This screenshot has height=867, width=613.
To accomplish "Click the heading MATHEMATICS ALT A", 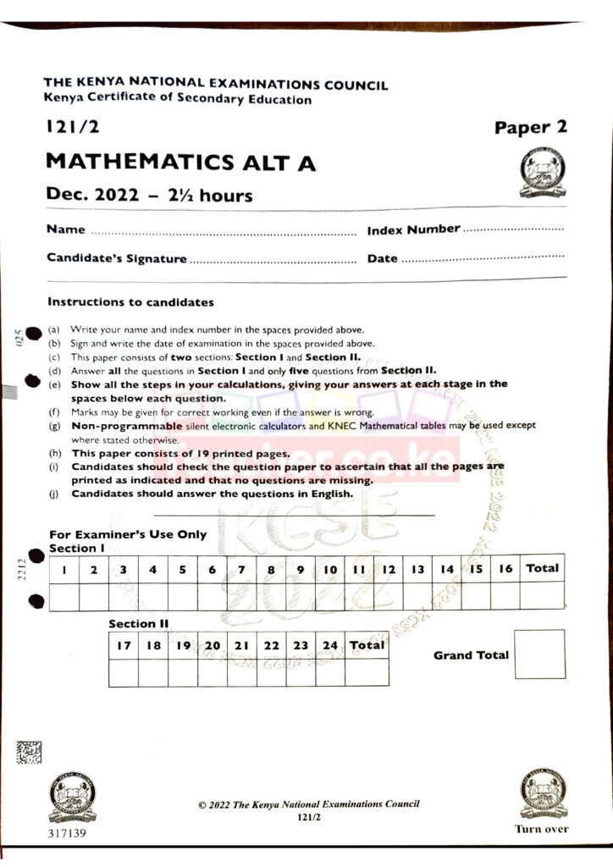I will pyautogui.click(x=180, y=162).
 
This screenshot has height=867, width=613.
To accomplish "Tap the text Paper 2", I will pyautogui.click(x=531, y=128).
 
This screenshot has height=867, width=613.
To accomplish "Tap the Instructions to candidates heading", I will pyautogui.click(x=130, y=302).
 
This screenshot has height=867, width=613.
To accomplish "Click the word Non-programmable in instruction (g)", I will pyautogui.click(x=126, y=426).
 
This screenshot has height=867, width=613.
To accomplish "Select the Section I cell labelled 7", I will pyautogui.click(x=242, y=570).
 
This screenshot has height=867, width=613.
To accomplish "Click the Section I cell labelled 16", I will pyautogui.click(x=505, y=569).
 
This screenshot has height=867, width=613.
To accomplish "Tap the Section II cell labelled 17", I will pyautogui.click(x=124, y=645).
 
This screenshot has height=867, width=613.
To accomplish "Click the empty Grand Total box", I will pyautogui.click(x=539, y=654).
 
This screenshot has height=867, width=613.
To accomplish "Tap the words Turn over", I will pyautogui.click(x=542, y=829).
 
